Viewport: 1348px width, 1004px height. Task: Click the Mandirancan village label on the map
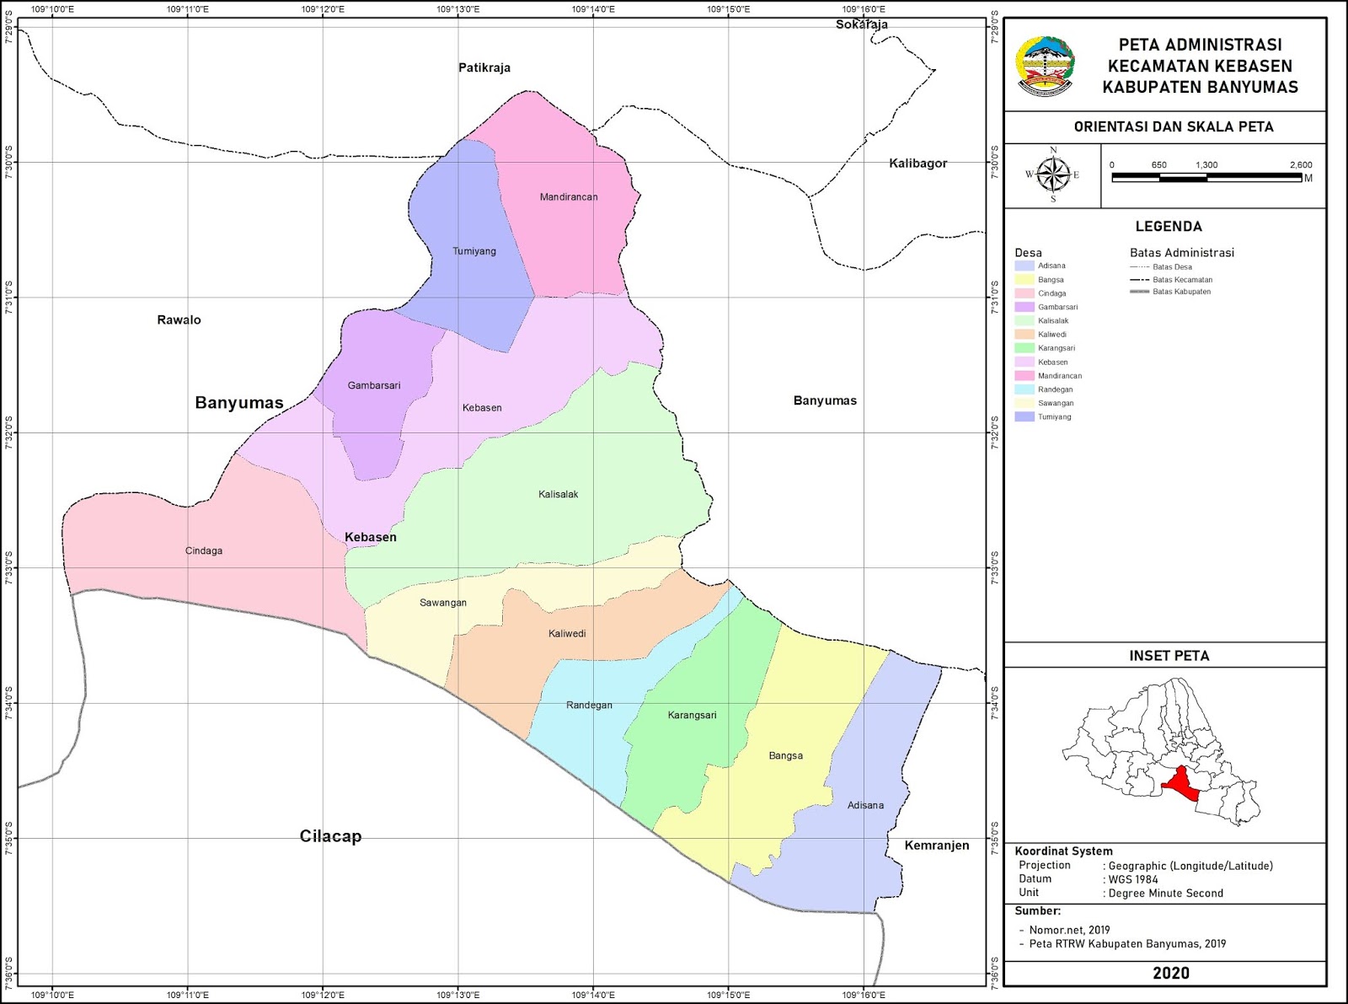coord(569,197)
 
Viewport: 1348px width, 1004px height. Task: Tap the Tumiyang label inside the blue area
coord(474,251)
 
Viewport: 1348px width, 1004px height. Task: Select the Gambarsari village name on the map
coord(374,386)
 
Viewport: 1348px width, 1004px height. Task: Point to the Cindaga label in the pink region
coord(204,551)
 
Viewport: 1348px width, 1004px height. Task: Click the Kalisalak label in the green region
coord(559,495)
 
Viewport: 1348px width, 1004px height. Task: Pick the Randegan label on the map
coord(589,706)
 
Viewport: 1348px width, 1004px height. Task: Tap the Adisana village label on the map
coord(865,806)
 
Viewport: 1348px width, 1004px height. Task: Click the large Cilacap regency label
coord(330,836)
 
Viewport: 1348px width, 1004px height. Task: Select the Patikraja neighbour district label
coord(484,67)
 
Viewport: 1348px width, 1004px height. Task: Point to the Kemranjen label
coord(937,846)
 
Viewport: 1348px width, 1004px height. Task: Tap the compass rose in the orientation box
coord(1052,175)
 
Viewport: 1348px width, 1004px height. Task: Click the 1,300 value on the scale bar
coord(1206,165)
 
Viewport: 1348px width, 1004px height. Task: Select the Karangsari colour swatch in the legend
coord(1024,348)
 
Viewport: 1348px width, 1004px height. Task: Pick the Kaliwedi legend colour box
coord(1024,335)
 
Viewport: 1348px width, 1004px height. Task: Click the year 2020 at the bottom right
coord(1170,973)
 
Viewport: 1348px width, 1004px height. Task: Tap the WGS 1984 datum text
coord(1133,879)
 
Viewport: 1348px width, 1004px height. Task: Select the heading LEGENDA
coord(1169,227)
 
